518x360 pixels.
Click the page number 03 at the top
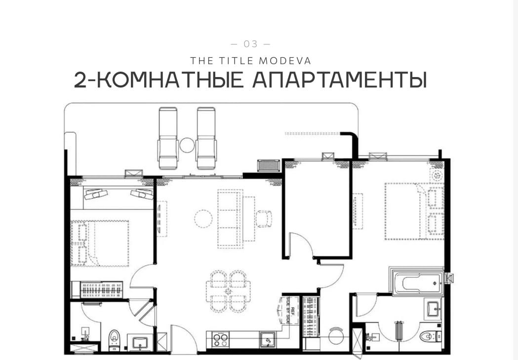[x=251, y=44]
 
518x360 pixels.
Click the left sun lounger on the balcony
[x=168, y=139]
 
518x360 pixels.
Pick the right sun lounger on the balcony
[x=206, y=139]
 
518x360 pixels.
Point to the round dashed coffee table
[x=203, y=218]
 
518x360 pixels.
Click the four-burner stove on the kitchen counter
[x=221, y=339]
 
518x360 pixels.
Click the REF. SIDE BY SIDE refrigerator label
[x=289, y=310]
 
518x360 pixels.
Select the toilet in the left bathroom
[x=115, y=338]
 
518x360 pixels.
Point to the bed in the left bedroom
[x=100, y=243]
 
